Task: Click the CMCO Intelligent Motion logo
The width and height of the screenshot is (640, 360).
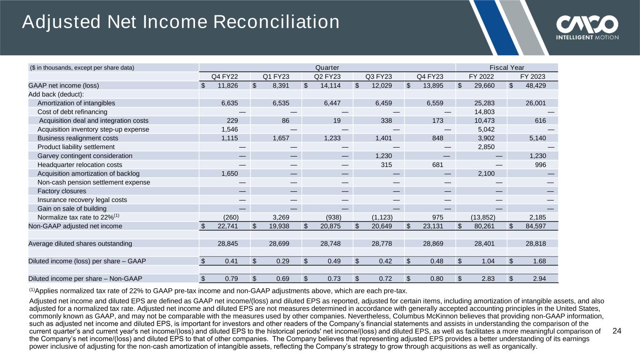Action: click(x=587, y=28)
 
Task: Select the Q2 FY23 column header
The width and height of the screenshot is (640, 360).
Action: click(x=327, y=76)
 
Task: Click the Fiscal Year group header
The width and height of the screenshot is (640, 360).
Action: click(x=507, y=67)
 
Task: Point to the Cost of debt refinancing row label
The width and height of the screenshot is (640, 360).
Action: click(x=72, y=112)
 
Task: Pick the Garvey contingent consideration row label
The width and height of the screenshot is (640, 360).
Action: click(x=85, y=156)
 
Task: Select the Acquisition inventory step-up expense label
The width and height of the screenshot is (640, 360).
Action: click(x=93, y=129)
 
